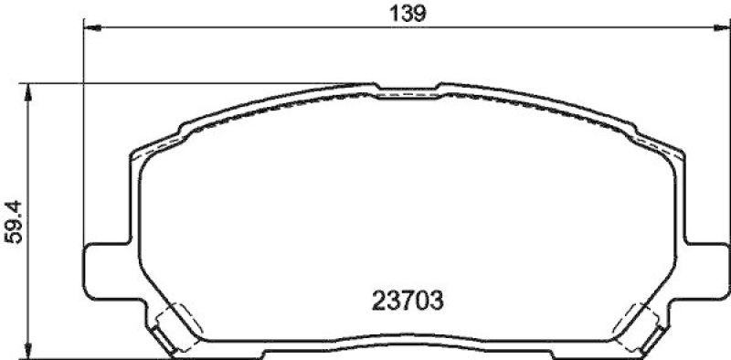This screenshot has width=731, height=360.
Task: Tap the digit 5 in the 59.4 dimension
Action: tap(13, 236)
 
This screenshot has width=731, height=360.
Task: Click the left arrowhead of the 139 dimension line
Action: tap(90, 29)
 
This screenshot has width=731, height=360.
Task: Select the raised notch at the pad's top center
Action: tap(408, 89)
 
